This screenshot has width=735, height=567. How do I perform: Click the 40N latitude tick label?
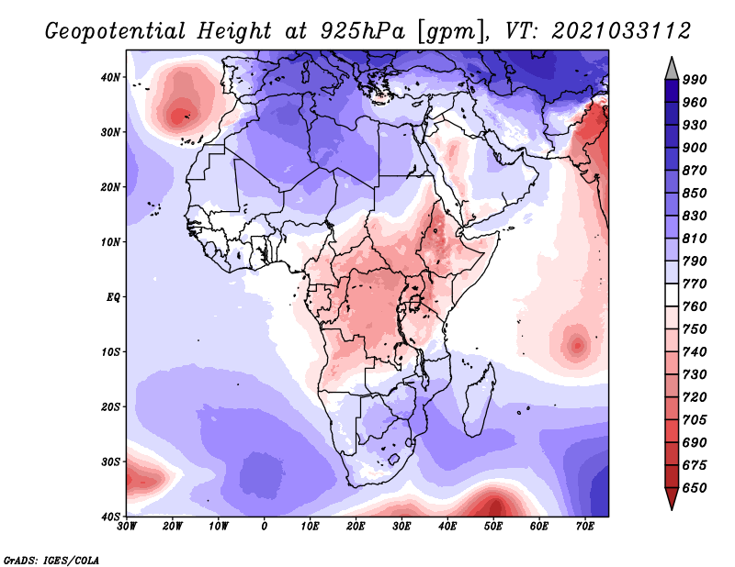click(x=109, y=77)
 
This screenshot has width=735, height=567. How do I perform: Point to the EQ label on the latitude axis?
click(x=112, y=297)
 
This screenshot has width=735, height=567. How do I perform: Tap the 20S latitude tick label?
click(x=109, y=406)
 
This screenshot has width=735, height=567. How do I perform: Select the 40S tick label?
click(x=109, y=517)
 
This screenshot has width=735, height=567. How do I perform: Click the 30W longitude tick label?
click(x=127, y=526)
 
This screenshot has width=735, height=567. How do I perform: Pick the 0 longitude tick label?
click(x=265, y=526)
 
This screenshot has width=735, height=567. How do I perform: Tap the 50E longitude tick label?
click(x=493, y=526)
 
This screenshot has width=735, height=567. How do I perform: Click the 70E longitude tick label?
click(x=585, y=526)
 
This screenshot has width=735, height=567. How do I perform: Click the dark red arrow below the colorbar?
click(x=672, y=498)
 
